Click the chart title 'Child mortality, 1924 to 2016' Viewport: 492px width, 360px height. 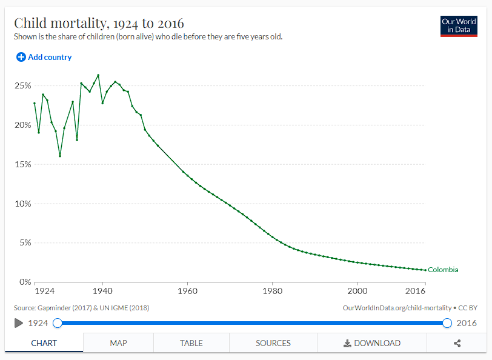click(x=99, y=23)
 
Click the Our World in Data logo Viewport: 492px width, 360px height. click(x=459, y=26)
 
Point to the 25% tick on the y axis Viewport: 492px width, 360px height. click(x=22, y=85)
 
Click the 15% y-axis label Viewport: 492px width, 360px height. click(x=22, y=164)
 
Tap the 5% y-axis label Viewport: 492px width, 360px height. click(x=24, y=243)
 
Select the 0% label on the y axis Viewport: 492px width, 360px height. click(x=24, y=282)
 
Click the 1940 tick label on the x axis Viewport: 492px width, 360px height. click(x=102, y=290)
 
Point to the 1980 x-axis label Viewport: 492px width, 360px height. click(x=272, y=290)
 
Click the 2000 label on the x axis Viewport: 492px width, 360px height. click(x=357, y=290)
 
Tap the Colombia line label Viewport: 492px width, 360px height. click(x=443, y=270)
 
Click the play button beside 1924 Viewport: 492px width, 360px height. click(x=19, y=323)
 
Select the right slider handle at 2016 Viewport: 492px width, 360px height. click(x=447, y=323)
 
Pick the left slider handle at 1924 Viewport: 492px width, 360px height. click(x=58, y=323)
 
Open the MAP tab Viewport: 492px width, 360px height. click(x=118, y=343)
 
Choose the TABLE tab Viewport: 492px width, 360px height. click(x=191, y=343)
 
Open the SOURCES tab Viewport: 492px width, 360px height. click(x=273, y=343)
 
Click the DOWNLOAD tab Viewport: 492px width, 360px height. click(x=372, y=343)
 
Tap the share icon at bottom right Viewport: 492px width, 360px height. click(x=457, y=343)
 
